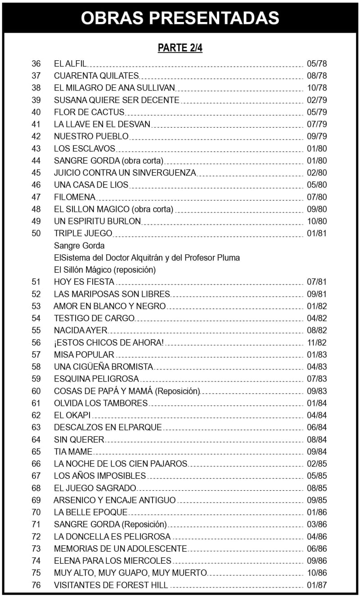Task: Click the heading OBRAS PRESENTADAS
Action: [180, 17]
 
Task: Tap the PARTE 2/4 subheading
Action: [180, 48]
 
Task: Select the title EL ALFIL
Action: [70, 63]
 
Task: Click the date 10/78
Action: [316, 88]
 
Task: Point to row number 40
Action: [36, 112]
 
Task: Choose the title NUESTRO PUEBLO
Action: [91, 136]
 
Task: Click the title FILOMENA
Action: [75, 197]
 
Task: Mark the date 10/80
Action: [316, 221]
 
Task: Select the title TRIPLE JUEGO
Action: [83, 233]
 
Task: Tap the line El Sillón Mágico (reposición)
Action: [105, 270]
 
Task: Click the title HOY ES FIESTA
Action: [84, 282]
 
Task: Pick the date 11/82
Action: [316, 343]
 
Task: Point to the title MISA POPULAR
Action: [84, 355]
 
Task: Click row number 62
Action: [36, 415]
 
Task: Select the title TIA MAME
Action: [73, 452]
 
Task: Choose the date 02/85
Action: [316, 464]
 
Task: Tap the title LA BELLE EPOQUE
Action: [90, 512]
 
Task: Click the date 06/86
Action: [316, 549]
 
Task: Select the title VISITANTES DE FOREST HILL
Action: [111, 585]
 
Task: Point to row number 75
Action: [36, 573]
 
